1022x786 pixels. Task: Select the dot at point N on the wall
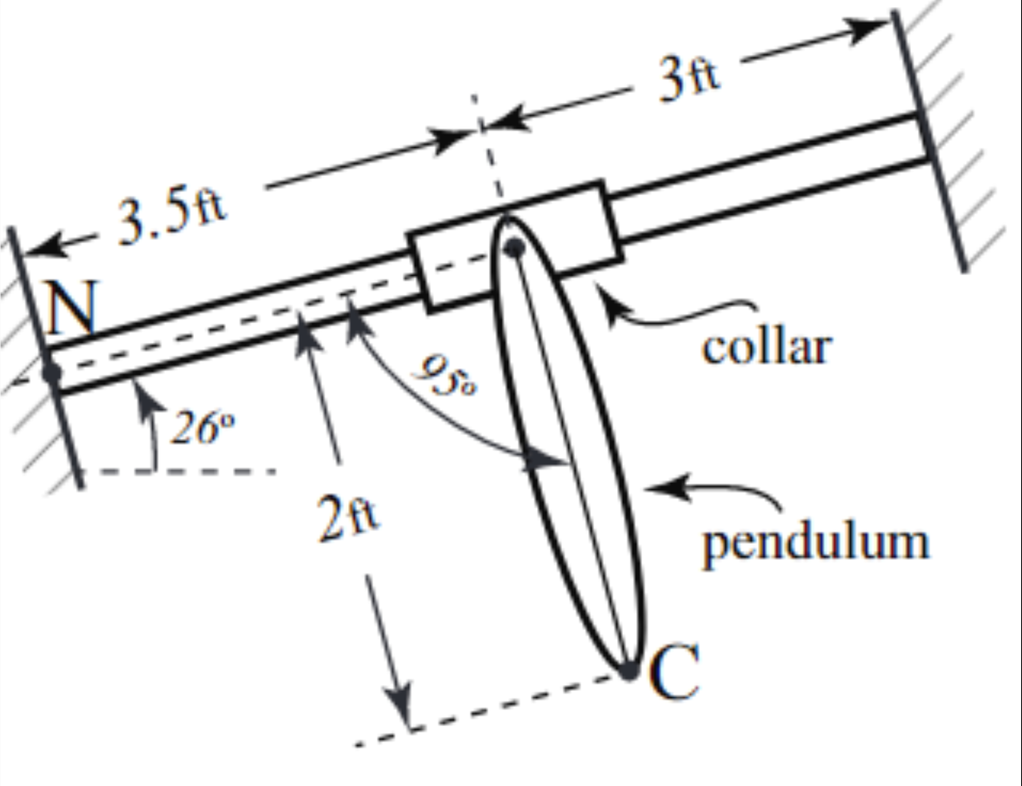coord(51,373)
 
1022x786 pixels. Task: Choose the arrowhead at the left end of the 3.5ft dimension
coord(44,246)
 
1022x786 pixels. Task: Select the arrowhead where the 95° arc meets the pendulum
coord(545,460)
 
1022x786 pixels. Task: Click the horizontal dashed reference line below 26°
coord(178,471)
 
